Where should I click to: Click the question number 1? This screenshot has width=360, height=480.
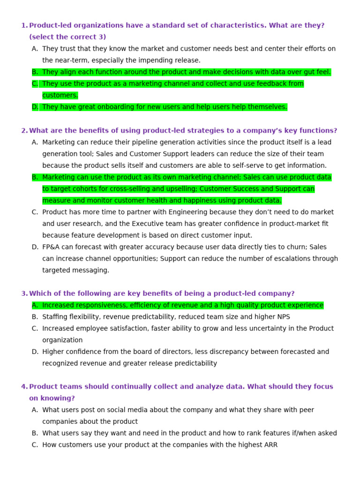[24, 26]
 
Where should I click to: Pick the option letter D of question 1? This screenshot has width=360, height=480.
[35, 107]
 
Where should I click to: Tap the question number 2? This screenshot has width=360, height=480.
[24, 131]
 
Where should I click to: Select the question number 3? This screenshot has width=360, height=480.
[24, 293]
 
